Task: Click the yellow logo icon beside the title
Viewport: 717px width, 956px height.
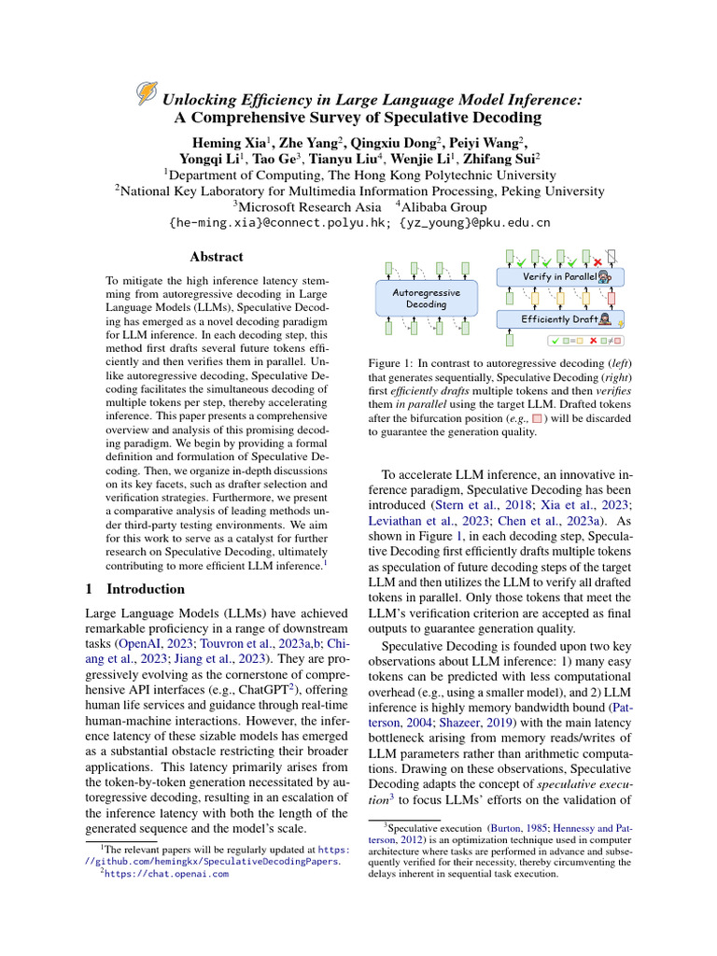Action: coord(147,92)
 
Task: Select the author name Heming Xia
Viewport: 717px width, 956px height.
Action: coord(231,142)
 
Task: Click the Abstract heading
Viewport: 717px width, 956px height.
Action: coord(216,257)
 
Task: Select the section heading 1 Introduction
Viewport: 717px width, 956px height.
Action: coord(135,589)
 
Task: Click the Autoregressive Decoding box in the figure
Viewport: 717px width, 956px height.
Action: coord(426,298)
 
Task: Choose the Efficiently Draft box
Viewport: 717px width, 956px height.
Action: coord(558,319)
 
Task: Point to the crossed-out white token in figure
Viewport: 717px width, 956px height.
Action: coord(612,255)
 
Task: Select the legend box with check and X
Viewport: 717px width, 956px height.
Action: coord(586,341)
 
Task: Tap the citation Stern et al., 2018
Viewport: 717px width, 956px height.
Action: coord(468,505)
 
